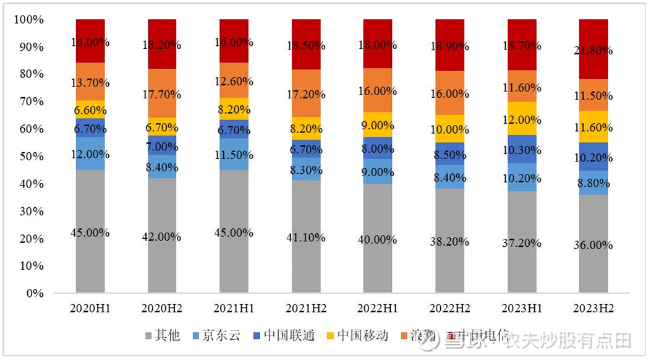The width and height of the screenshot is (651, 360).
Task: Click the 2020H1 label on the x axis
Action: [x=90, y=307]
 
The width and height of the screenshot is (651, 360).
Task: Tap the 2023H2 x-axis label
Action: [x=593, y=307]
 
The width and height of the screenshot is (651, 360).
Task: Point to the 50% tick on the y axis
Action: [x=29, y=156]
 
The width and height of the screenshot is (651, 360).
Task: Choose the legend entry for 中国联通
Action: [x=289, y=336]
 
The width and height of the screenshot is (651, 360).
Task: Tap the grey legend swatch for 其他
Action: [x=148, y=336]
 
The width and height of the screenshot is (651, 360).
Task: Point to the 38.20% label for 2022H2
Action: [x=449, y=242]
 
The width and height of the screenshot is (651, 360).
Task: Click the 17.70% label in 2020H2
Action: [x=162, y=95]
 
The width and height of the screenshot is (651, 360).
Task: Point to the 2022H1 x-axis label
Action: [x=378, y=307]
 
